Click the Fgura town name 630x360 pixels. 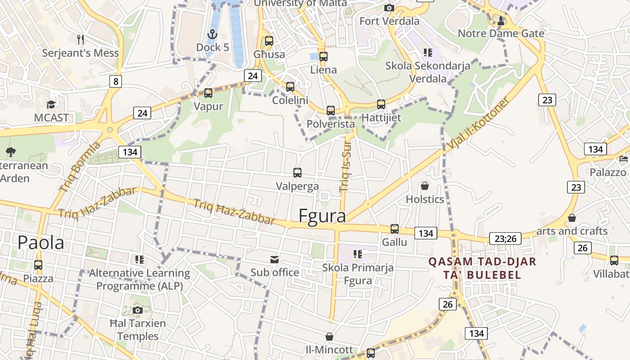pyautogui.click(x=322, y=216)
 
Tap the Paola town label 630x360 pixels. pyautogui.click(x=40, y=243)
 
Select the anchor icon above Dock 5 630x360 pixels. pyautogui.click(x=211, y=34)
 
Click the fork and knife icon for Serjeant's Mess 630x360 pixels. pyautogui.click(x=81, y=40)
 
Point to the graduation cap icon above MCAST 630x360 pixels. pyautogui.click(x=51, y=105)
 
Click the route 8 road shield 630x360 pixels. pyautogui.click(x=116, y=81)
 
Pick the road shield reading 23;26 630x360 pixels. pyautogui.click(x=505, y=238)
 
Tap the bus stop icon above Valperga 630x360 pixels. pyautogui.click(x=297, y=173)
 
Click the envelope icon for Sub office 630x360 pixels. pyautogui.click(x=274, y=260)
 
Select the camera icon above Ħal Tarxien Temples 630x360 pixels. pyautogui.click(x=138, y=310)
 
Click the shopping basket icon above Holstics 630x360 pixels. pyautogui.click(x=425, y=186)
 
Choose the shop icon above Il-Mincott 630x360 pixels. pyautogui.click(x=329, y=337)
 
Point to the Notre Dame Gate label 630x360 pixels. pyautogui.click(x=501, y=33)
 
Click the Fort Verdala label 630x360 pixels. pyautogui.click(x=389, y=21)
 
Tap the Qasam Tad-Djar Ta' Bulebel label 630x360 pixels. pyautogui.click(x=482, y=268)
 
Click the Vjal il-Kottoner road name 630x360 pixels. pyautogui.click(x=479, y=123)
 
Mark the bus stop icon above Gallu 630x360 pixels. pyautogui.click(x=395, y=229)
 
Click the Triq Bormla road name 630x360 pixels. pyautogui.click(x=80, y=167)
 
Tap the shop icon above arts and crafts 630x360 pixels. pyautogui.click(x=571, y=218)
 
